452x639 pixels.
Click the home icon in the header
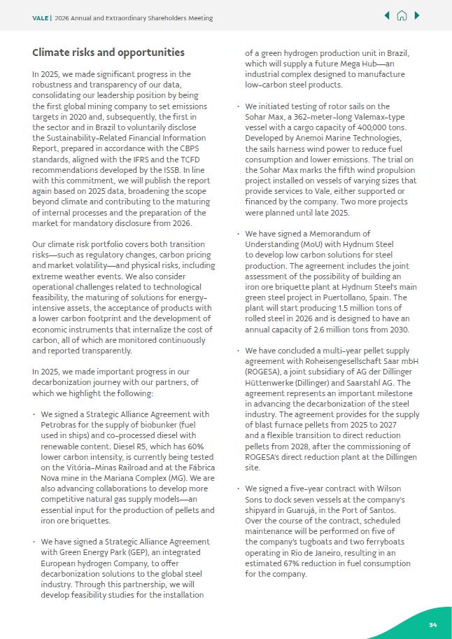pos(402,15)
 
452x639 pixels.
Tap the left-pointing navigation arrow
pos(387,15)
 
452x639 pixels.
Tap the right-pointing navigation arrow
pos(417,15)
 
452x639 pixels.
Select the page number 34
pos(432,625)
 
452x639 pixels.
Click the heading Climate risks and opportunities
pos(108,52)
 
